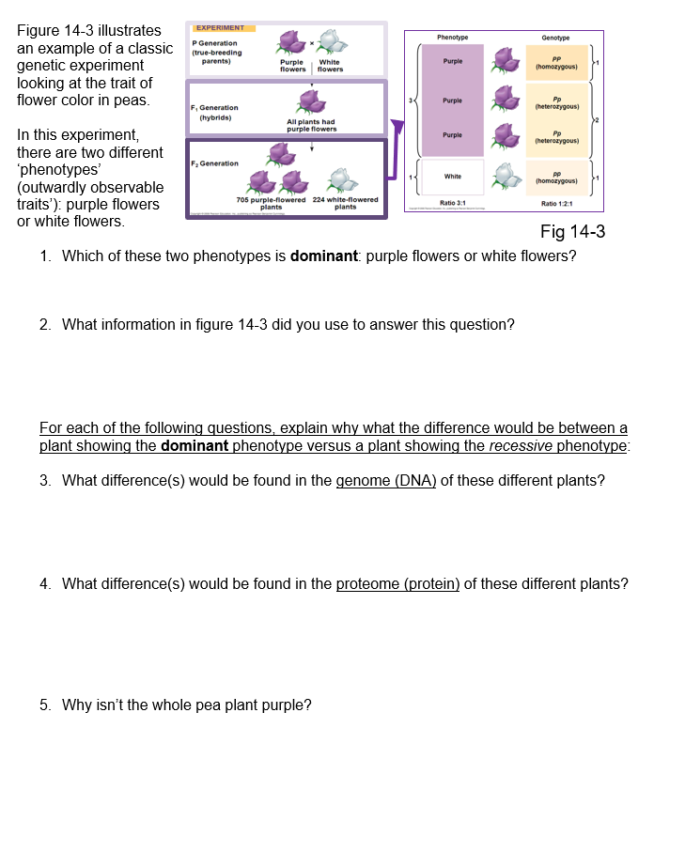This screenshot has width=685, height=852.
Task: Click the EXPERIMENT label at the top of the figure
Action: pos(219,27)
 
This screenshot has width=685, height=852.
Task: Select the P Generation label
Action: pos(215,43)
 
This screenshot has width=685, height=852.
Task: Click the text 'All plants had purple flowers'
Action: pos(311,125)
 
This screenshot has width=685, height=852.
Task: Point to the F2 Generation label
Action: pos(214,163)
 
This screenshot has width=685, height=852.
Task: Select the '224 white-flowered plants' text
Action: pos(345,203)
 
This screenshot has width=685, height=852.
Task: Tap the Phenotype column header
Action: pos(453,37)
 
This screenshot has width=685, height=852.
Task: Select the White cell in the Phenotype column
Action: pos(453,176)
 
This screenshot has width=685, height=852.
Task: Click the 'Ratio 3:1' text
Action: pos(453,202)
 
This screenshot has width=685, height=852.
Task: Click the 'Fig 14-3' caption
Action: pos(572,232)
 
